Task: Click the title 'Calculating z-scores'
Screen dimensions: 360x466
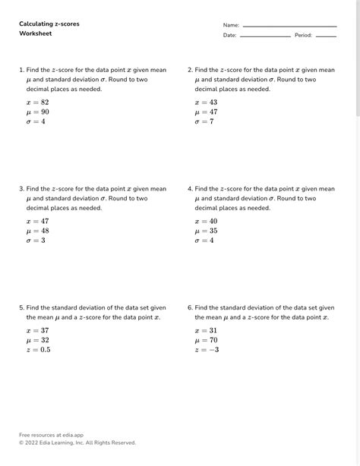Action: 49,24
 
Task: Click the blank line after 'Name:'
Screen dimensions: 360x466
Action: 289,27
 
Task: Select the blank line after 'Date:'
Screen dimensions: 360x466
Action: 265,36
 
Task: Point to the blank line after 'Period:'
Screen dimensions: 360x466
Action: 326,36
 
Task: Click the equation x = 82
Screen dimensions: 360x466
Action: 37,102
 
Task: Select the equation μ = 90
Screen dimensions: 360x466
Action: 37,112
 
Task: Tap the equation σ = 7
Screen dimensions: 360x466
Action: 204,121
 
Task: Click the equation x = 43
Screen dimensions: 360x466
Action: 206,102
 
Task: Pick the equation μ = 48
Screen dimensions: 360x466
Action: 37,231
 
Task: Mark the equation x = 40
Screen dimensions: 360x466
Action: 206,221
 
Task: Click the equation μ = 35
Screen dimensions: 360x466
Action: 206,231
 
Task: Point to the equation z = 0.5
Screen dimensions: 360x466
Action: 38,350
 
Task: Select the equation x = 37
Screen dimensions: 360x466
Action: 37,330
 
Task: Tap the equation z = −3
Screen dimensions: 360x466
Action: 207,350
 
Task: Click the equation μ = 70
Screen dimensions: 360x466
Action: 206,340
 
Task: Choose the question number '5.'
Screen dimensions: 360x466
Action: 22,307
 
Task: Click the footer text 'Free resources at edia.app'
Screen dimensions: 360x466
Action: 51,435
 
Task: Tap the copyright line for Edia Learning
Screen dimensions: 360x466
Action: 77,442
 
